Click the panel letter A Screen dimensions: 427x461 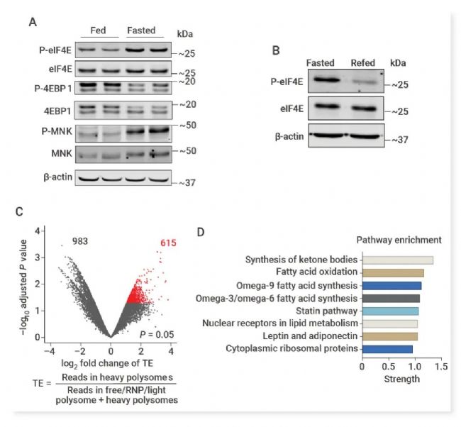click(x=33, y=22)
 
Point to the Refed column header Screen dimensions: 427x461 click(x=363, y=62)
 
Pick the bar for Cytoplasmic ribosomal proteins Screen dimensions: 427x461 click(x=387, y=349)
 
